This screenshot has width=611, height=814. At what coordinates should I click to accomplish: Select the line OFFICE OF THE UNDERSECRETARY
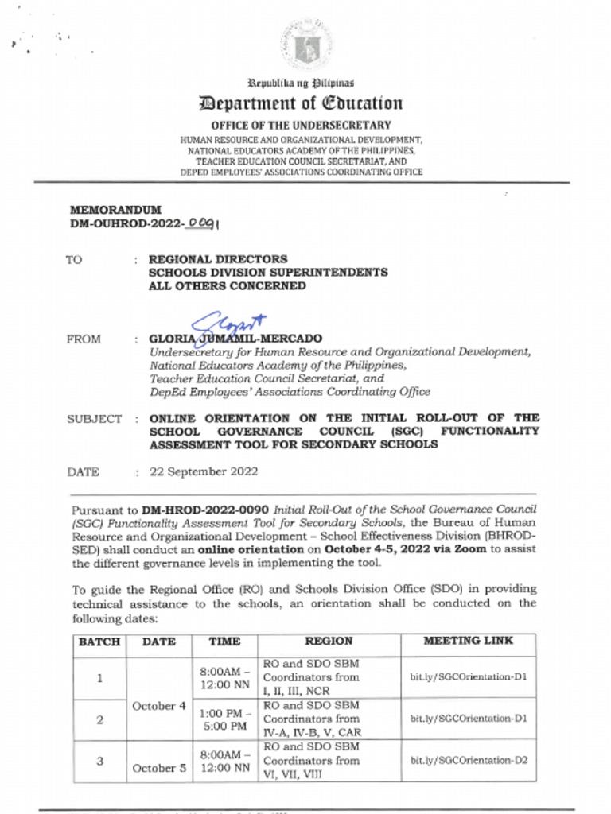point(301,125)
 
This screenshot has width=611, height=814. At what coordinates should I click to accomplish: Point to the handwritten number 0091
point(203,224)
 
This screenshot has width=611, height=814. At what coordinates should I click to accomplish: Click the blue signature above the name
point(227,324)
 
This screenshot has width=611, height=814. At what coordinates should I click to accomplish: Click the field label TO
point(73,260)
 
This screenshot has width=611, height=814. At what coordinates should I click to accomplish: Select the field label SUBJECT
point(95,419)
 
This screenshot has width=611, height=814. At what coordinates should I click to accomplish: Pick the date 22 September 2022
point(204,471)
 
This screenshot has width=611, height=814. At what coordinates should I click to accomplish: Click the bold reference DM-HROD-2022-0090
point(206,509)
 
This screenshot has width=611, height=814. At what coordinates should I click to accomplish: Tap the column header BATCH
point(99,642)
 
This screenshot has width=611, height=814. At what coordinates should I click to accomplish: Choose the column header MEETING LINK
point(468,641)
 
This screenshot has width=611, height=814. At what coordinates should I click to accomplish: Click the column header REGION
point(329,641)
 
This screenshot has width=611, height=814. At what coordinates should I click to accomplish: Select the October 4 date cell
point(158,706)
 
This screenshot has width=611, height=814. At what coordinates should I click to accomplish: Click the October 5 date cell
point(158,768)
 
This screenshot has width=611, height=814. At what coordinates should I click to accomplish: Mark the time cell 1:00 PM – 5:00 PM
point(224,719)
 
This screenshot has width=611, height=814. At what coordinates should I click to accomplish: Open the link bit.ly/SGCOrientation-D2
point(468,761)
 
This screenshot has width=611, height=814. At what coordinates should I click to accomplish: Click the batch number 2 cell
point(99,719)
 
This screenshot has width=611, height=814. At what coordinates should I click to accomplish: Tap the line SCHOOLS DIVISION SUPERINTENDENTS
point(268,273)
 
